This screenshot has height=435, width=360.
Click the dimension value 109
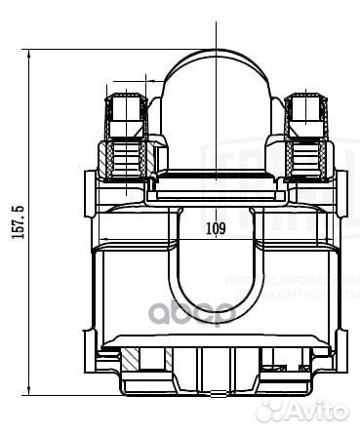(217, 229)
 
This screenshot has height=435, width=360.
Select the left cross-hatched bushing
(128, 162)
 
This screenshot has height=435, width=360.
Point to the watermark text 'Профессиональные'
(293, 280)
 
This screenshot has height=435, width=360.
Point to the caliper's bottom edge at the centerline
(216, 395)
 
